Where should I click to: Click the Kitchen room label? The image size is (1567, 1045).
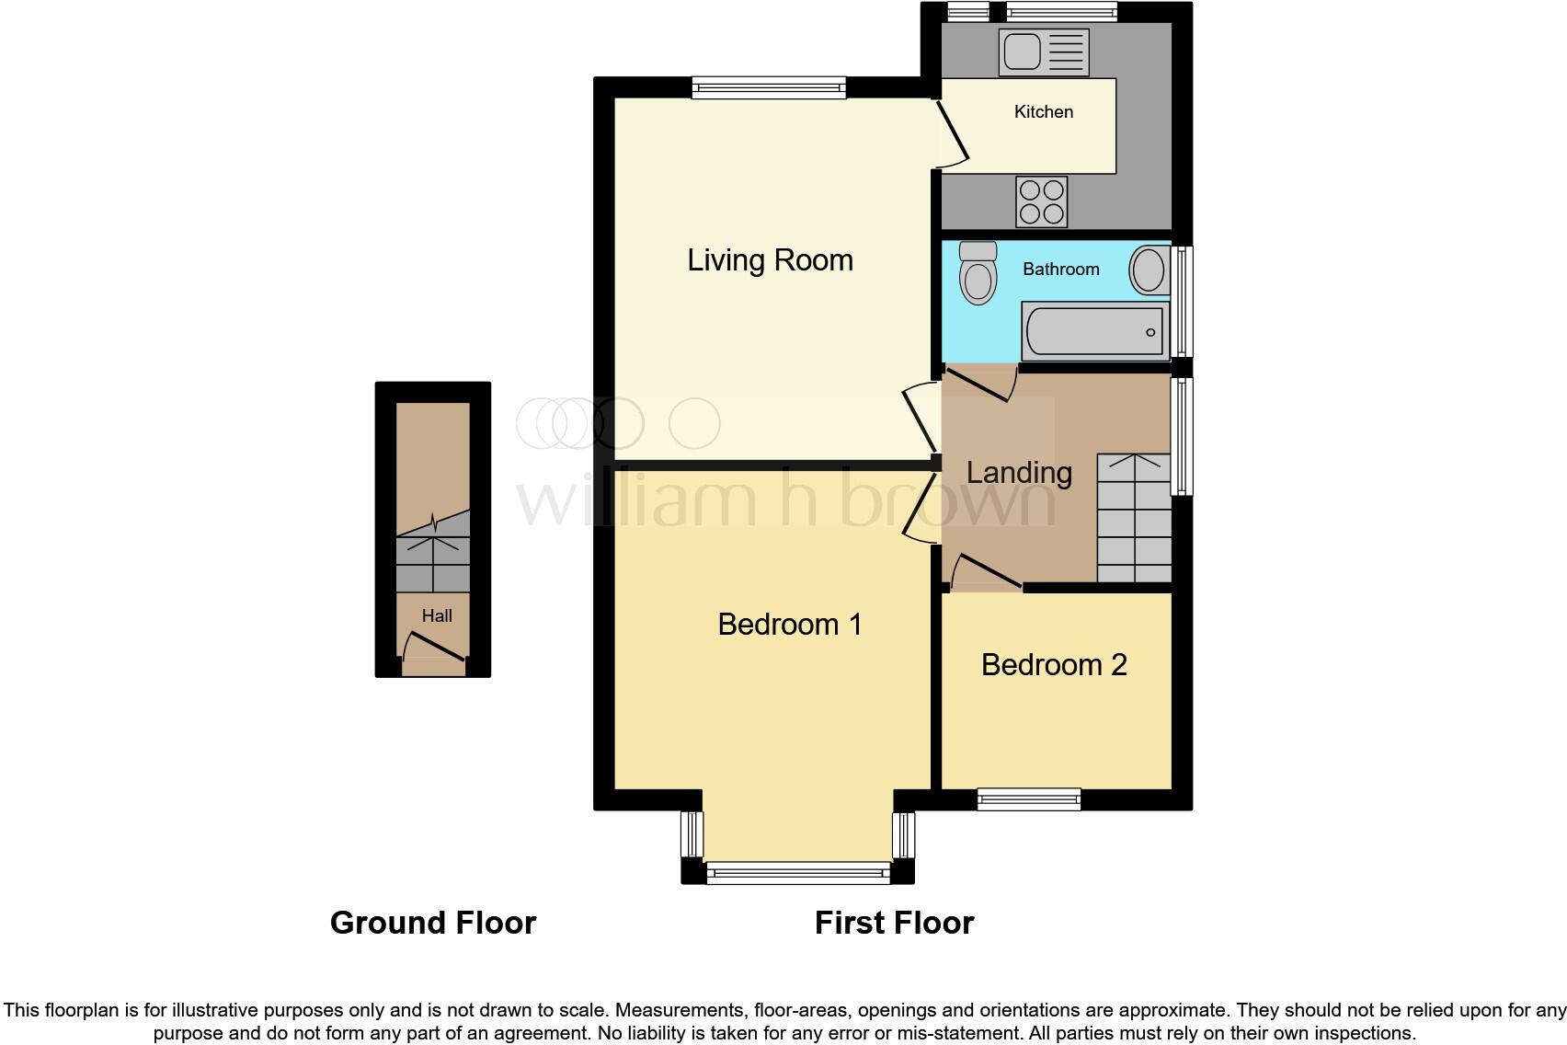pyautogui.click(x=1043, y=112)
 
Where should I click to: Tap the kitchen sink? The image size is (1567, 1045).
pyautogui.click(x=1043, y=52)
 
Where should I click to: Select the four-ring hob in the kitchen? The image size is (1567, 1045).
pyautogui.click(x=1042, y=201)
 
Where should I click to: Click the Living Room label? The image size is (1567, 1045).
pyautogui.click(x=770, y=260)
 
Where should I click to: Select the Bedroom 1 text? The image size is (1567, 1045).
pyautogui.click(x=790, y=625)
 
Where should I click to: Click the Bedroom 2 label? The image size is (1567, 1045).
pyautogui.click(x=1054, y=665)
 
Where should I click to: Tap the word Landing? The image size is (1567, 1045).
pyautogui.click(x=1019, y=473)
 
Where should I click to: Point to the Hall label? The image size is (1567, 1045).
pyautogui.click(x=437, y=616)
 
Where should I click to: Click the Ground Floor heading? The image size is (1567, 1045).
pyautogui.click(x=432, y=923)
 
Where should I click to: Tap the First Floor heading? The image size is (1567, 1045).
pyautogui.click(x=894, y=923)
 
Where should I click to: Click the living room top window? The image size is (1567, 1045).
pyautogui.click(x=769, y=88)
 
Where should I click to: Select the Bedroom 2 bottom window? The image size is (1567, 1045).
pyautogui.click(x=1029, y=799)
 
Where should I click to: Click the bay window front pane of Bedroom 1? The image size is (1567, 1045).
pyautogui.click(x=797, y=872)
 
